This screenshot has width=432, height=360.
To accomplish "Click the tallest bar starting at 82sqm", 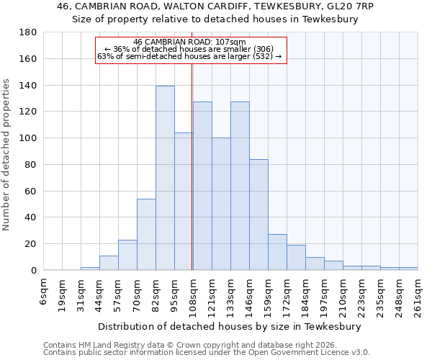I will (x=165, y=178).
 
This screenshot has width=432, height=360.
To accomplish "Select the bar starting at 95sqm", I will (x=184, y=201).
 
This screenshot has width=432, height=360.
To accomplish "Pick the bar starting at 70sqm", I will (x=146, y=234).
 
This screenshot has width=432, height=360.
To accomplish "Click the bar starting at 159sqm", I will (x=277, y=252).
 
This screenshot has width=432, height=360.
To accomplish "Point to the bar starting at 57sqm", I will (x=127, y=255).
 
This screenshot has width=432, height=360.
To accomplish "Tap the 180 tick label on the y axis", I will (x=28, y=32).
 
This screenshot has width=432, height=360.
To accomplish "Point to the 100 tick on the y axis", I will (x=28, y=138).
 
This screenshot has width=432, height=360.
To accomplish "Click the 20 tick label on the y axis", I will (x=31, y=244).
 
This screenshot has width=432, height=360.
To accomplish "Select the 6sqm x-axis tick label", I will (x=44, y=292).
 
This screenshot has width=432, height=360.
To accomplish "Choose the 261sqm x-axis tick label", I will (x=418, y=295).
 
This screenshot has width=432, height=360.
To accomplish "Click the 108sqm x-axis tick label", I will (x=194, y=295).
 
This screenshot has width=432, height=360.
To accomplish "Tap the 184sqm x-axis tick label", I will (x=306, y=295).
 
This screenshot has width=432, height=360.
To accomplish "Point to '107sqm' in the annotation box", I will (x=231, y=42).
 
